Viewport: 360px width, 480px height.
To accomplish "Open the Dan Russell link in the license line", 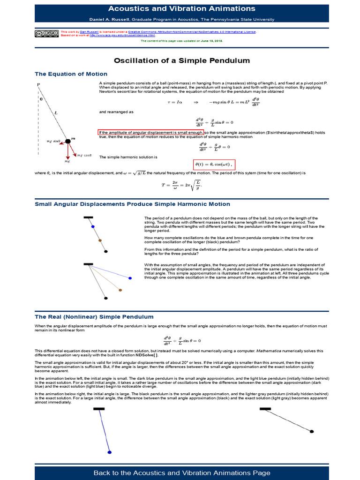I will pyautogui.click(x=88, y=31).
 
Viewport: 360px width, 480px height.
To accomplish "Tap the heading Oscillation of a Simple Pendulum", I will pyautogui.click(x=182, y=60).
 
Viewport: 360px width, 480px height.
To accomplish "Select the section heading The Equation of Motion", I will pyautogui.click(x=71, y=74).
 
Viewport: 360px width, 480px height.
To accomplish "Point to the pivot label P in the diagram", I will pyautogui.click(x=38, y=84).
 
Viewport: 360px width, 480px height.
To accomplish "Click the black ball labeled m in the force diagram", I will pyautogui.click(x=67, y=141).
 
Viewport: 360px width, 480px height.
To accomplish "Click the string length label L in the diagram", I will pyautogui.click(x=55, y=113).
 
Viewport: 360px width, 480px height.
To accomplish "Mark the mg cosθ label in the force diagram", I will pyautogui.click(x=85, y=155).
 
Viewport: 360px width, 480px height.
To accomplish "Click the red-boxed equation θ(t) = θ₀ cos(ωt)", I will pyautogui.click(x=214, y=165).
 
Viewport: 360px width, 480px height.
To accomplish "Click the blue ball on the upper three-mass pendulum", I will pyautogui.click(x=93, y=226).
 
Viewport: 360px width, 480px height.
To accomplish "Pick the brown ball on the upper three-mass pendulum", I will pyautogui.click(x=100, y=240).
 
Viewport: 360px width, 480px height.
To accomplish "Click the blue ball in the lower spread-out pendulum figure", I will pyautogui.click(x=130, y=278).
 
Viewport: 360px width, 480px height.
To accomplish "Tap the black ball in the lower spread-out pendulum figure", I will pyautogui.click(x=106, y=298).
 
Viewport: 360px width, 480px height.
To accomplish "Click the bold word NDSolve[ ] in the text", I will pyautogui.click(x=147, y=355).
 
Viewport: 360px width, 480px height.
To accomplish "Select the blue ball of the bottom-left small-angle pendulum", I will pyautogui.click(x=109, y=452).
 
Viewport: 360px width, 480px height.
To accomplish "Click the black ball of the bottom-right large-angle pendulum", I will pyautogui.click(x=312, y=431).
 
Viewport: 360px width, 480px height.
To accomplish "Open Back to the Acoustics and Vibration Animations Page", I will pyautogui.click(x=182, y=472).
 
